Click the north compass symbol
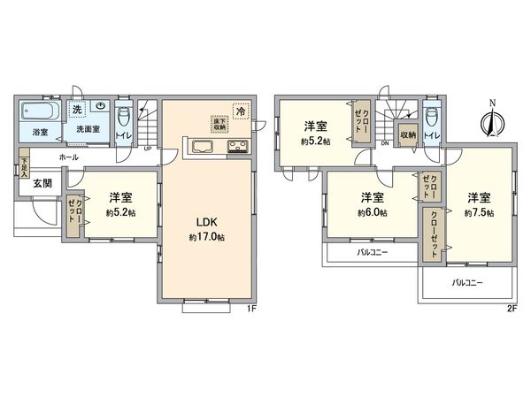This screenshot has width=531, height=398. [492, 119]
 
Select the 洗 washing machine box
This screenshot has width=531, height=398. [76, 110]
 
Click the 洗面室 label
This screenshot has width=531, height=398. [85, 129]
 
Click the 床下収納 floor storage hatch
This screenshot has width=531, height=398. [217, 124]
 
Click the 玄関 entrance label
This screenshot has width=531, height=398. [43, 185]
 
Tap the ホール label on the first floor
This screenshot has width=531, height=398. [68, 157]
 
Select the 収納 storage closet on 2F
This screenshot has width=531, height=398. [407, 135]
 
